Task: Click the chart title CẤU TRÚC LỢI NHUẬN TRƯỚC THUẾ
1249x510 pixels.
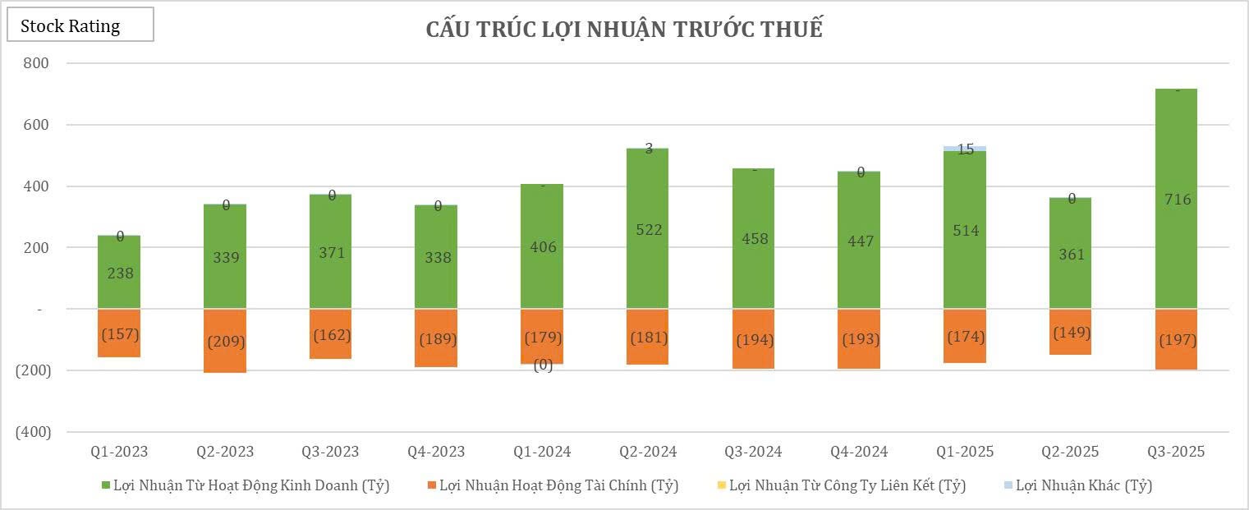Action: pyautogui.click(x=624, y=29)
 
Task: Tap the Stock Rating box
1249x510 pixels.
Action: pyautogui.click(x=80, y=25)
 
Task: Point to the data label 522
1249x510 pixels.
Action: pyautogui.click(x=648, y=230)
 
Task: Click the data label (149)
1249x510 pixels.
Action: pyautogui.click(x=1071, y=333)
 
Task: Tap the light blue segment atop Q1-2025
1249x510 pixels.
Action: pyautogui.click(x=965, y=149)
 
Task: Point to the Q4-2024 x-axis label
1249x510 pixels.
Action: pyautogui.click(x=858, y=452)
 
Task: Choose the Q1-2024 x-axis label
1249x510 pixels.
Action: pyautogui.click(x=542, y=452)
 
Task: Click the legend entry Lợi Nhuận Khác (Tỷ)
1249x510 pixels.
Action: pyautogui.click(x=1083, y=485)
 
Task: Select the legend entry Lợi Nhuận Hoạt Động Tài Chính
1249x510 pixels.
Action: pyautogui.click(x=558, y=485)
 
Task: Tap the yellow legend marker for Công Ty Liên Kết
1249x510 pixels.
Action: pyautogui.click(x=722, y=485)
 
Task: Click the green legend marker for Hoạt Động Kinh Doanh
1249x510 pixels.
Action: pyautogui.click(x=103, y=485)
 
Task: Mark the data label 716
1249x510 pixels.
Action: pyautogui.click(x=1176, y=200)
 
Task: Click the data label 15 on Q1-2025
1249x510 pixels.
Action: pyautogui.click(x=966, y=149)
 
